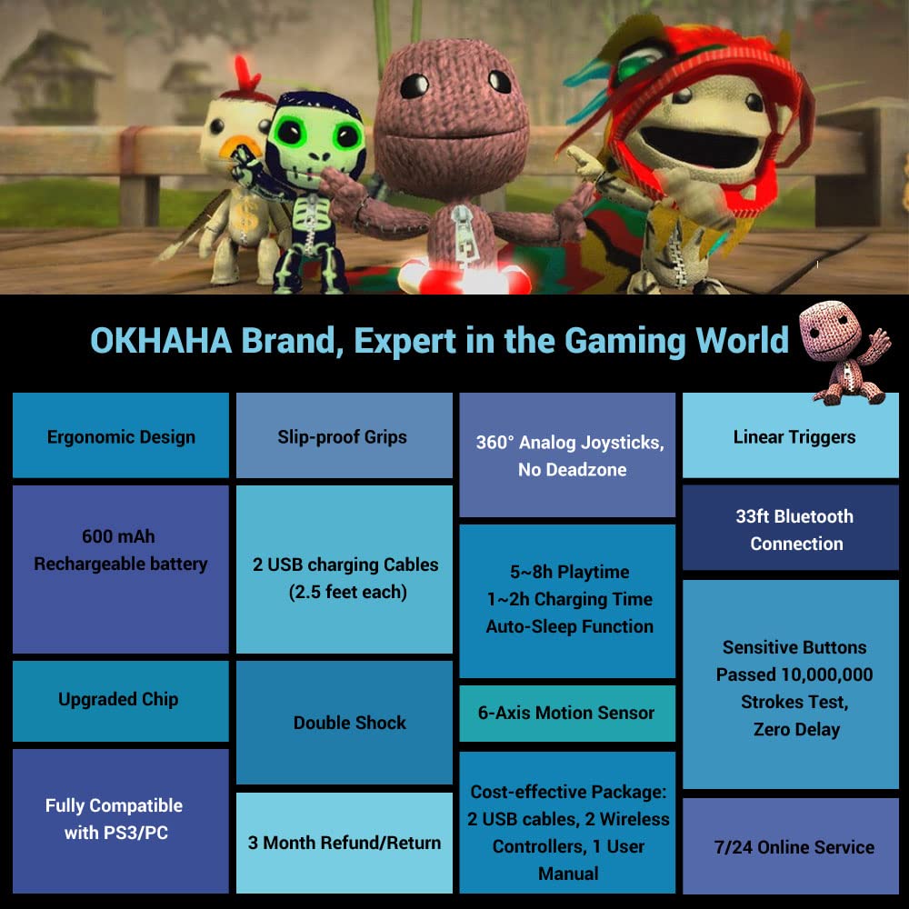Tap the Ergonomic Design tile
[x=121, y=436]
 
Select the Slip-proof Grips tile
[x=343, y=436]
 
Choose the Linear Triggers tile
[x=794, y=436]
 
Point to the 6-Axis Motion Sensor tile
[x=566, y=713]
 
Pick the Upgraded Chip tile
[x=119, y=700]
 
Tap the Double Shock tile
[x=349, y=723]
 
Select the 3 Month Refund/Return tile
[x=344, y=843]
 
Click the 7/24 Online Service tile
[x=794, y=847]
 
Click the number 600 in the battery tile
[x=100, y=536]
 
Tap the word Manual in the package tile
[x=568, y=874]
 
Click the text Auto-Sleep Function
[x=569, y=626]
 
